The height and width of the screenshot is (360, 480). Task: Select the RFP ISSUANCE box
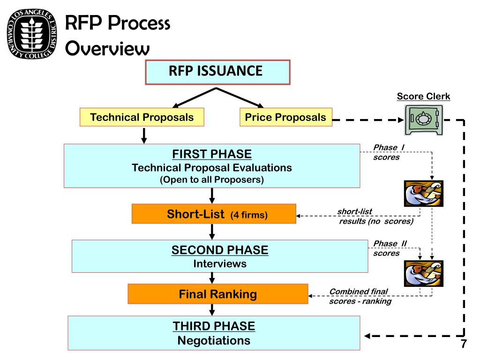point(217,72)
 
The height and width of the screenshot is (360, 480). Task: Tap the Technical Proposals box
point(142,117)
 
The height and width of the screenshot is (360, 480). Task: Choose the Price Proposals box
point(285,117)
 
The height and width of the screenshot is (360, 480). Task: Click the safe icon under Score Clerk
point(423,120)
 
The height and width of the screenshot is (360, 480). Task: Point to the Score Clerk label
point(423,97)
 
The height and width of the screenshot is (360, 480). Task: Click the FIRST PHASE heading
point(212,154)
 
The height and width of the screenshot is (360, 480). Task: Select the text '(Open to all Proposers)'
point(212,180)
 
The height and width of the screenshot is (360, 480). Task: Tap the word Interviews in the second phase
point(220,264)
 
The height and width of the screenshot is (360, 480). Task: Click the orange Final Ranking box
point(218,294)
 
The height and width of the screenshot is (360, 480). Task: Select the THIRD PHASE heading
point(214,326)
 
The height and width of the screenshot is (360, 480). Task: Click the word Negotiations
point(214,340)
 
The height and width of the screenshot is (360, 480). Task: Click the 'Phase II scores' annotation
point(390,248)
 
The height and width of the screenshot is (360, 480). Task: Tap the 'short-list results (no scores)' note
point(375,217)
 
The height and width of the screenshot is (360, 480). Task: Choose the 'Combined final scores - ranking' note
point(360,296)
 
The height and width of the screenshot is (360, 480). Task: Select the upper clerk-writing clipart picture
point(423,194)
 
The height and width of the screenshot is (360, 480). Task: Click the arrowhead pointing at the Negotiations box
point(368,336)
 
